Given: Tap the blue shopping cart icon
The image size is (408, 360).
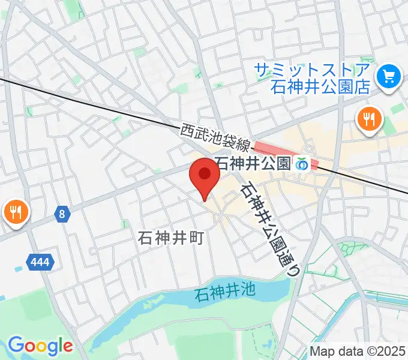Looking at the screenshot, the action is coord(388,76).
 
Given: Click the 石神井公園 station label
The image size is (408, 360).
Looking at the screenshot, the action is coord(252,163).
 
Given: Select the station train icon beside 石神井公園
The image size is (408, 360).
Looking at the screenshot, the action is coord(302,164).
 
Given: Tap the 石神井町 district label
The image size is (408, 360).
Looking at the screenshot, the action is coord(163,238).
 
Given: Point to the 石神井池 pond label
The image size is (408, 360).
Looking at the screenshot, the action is coord(225,293).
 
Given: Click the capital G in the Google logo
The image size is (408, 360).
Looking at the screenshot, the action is coord(15,345).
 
